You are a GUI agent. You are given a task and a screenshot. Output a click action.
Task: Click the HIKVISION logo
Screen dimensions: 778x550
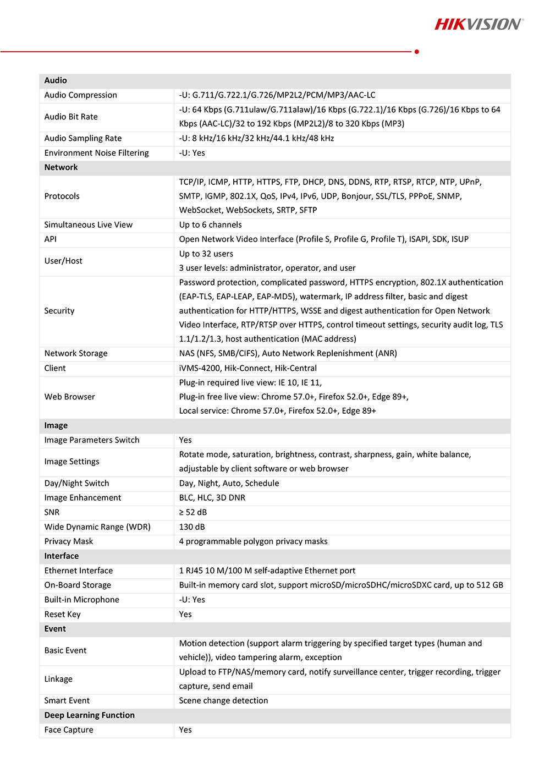[479, 24]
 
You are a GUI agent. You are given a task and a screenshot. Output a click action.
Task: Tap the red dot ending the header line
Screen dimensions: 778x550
[417, 52]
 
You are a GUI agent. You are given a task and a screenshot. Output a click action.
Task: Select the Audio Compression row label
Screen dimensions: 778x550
[81, 95]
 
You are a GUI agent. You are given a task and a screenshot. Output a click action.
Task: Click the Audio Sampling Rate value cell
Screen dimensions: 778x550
[256, 138]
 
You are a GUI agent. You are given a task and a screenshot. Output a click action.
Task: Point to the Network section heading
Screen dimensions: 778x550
[61, 167]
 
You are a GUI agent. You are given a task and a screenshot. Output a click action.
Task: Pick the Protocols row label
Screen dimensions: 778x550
[62, 196]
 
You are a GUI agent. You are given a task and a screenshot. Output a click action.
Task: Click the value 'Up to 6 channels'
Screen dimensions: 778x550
[210, 224]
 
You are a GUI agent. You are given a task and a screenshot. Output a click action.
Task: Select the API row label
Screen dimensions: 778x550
[51, 239]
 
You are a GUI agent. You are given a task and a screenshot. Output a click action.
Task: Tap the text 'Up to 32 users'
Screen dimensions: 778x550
[206, 254]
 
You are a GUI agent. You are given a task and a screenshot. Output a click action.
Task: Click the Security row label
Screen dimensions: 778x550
[59, 310]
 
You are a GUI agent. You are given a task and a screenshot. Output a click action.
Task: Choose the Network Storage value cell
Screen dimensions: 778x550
[288, 353]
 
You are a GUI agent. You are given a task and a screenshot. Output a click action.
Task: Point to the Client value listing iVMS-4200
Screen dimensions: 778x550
[248, 368]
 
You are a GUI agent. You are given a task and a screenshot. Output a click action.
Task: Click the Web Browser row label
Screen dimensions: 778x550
[70, 397]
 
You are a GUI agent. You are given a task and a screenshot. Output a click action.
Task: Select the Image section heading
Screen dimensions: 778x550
[56, 425]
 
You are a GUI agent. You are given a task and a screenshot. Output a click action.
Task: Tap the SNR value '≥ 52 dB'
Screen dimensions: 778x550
[193, 512]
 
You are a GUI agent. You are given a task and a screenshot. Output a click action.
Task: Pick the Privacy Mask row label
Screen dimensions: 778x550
[69, 541]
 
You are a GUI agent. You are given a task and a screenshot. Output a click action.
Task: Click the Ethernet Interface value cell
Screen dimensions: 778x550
[267, 571]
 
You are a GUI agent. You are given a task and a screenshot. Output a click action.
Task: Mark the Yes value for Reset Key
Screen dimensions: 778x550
[185, 614]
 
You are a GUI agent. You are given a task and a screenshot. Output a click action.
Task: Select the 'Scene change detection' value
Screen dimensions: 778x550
[223, 700]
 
